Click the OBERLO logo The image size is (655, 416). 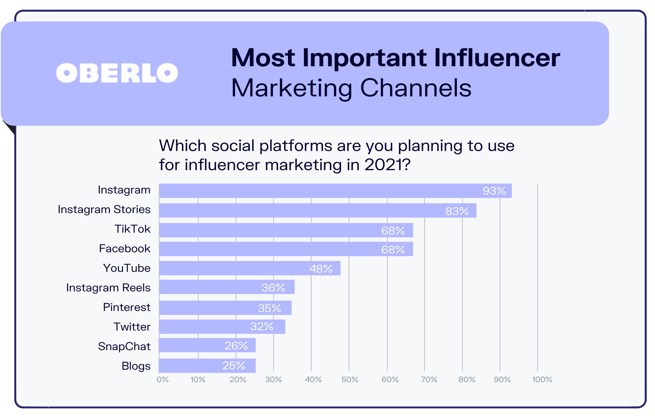pyautogui.click(x=117, y=73)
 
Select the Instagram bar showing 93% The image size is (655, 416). pyautogui.click(x=335, y=191)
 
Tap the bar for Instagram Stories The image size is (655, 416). pyautogui.click(x=317, y=211)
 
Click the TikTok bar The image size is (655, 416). pyautogui.click(x=286, y=230)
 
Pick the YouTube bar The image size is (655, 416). pyautogui.click(x=250, y=268)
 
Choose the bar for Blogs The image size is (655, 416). pyautogui.click(x=207, y=366)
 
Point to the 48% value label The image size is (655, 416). pyautogui.click(x=321, y=269)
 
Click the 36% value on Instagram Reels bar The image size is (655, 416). pyautogui.click(x=273, y=288)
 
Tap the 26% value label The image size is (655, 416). pyautogui.click(x=236, y=346)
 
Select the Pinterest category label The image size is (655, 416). pyautogui.click(x=127, y=307)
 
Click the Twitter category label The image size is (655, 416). pyautogui.click(x=132, y=327)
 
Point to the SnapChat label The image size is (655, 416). pyautogui.click(x=124, y=346)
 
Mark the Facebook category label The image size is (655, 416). pyautogui.click(x=125, y=248)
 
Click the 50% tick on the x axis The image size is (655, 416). pyautogui.click(x=350, y=379)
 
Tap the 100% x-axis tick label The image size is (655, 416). pyautogui.click(x=542, y=379)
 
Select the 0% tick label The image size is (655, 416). pyautogui.click(x=163, y=379)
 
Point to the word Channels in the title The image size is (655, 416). pyautogui.click(x=416, y=88)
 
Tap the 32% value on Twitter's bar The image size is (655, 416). pyautogui.click(x=262, y=326)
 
